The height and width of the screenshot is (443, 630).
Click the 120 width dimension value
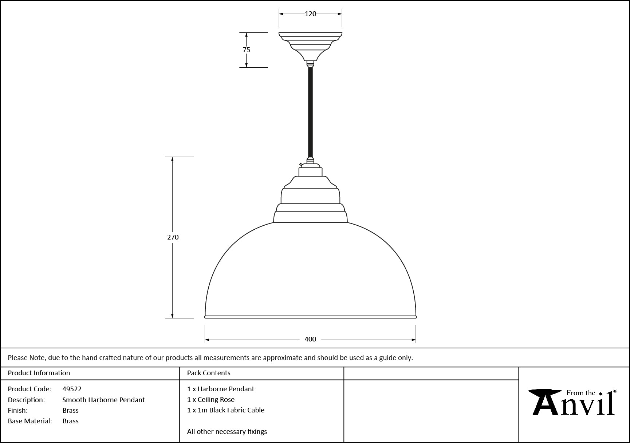coord(310,14)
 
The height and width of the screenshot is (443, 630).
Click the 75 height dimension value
coord(247,50)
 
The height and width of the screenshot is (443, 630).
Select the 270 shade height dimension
coord(173,237)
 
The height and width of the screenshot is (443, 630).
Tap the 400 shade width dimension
coord(310,339)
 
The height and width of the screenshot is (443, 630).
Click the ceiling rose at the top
coord(310,47)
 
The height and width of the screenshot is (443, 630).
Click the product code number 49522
coord(72,389)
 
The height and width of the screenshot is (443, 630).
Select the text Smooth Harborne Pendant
coord(103,400)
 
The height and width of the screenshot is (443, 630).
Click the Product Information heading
coord(39,373)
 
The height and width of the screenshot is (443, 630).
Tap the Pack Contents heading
coord(209,373)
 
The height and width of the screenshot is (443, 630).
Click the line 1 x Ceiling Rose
coord(211,400)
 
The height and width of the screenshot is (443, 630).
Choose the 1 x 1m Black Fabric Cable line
coord(226,410)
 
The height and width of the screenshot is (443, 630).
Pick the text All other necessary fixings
coord(227,432)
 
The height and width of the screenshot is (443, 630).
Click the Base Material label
coord(30,421)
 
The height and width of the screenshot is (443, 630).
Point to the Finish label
coord(18,411)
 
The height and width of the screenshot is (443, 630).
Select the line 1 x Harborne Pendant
coord(221,389)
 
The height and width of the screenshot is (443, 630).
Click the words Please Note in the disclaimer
coord(27,358)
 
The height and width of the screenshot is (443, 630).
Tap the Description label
coord(26,400)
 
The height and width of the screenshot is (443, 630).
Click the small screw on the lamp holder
coord(300,165)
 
